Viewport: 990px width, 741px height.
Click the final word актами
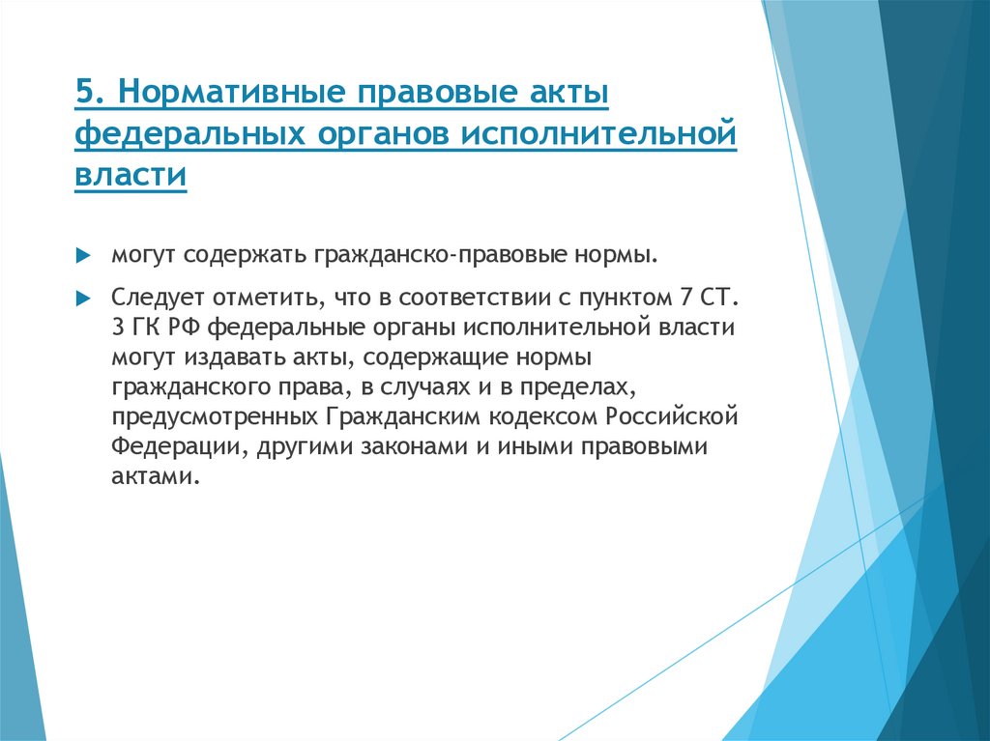155,478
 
